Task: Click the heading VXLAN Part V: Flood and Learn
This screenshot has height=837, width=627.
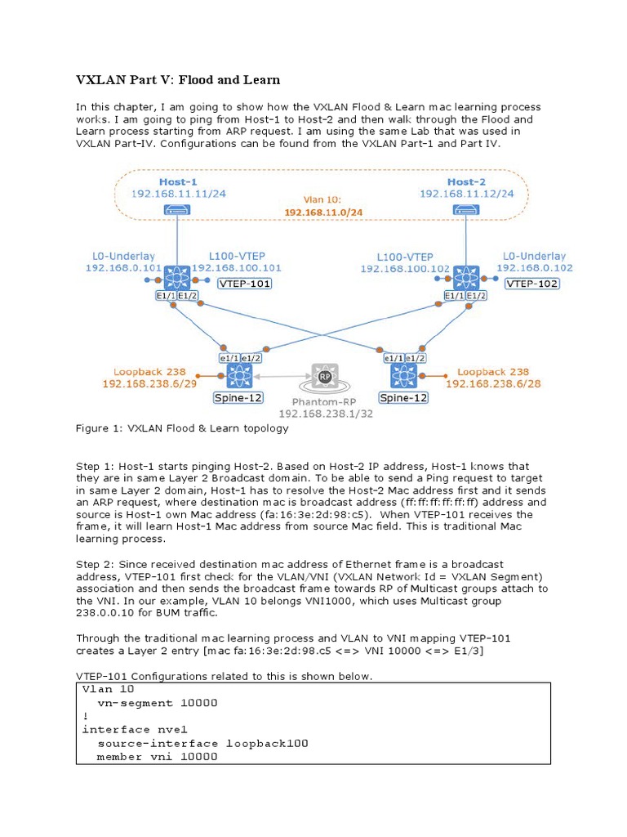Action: tap(178, 79)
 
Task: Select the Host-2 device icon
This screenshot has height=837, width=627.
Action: tap(465, 210)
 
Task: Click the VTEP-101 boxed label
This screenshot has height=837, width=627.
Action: tap(244, 284)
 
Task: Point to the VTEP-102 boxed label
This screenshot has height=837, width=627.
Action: tap(533, 284)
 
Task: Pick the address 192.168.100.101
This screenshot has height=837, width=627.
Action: tap(237, 267)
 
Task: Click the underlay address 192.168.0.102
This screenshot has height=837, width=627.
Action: tap(535, 267)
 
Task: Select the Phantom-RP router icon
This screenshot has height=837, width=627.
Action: tap(324, 377)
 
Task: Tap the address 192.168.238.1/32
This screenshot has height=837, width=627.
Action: tap(326, 414)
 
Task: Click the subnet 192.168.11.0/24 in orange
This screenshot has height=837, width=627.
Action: tap(323, 212)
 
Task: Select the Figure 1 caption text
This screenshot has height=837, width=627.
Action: tap(182, 428)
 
